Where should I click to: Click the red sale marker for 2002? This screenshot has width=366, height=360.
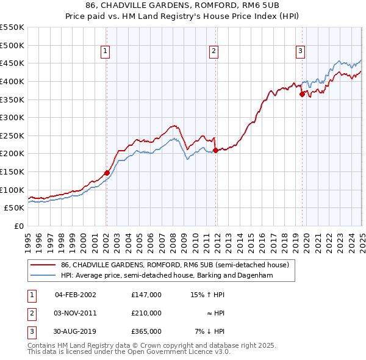point(107,173)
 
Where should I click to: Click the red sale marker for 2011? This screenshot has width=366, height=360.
point(215,150)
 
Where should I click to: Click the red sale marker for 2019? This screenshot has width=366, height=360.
point(302,94)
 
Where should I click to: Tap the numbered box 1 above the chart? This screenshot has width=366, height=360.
point(106,52)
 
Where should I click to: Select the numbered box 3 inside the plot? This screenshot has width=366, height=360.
point(301,52)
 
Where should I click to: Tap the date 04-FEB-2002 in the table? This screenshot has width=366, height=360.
point(76,295)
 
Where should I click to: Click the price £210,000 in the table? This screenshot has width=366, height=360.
point(146,313)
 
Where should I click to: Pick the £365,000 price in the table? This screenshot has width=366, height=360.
point(146,331)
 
